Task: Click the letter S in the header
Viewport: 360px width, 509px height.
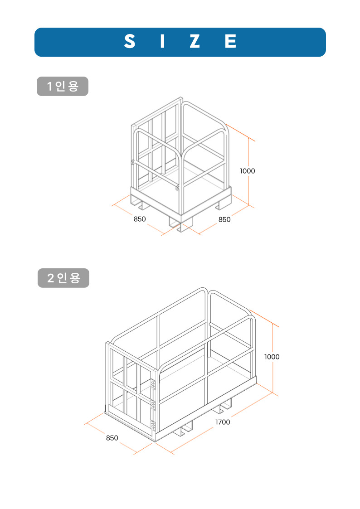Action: (130, 42)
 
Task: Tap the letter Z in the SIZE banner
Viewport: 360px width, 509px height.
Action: (195, 42)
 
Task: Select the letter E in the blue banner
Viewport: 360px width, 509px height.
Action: (230, 42)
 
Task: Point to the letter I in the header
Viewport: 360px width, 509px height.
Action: (161, 42)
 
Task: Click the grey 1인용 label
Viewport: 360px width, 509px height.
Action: (62, 87)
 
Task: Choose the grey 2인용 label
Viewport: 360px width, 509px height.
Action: (63, 278)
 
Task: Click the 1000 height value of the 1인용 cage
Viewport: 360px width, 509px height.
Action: (248, 171)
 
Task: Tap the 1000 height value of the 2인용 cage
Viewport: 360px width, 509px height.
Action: (272, 357)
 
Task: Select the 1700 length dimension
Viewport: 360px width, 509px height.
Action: (223, 422)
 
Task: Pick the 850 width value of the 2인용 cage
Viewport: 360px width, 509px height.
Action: (112, 438)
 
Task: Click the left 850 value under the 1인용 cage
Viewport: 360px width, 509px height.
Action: (140, 219)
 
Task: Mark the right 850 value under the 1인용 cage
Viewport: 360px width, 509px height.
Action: (224, 219)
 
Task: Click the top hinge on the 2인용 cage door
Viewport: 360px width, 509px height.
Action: (153, 384)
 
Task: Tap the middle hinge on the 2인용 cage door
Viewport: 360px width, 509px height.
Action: (153, 404)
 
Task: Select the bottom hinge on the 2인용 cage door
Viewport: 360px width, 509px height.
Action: (153, 425)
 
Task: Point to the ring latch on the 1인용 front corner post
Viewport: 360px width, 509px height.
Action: (178, 187)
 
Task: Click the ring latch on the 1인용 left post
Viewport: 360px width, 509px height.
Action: (132, 162)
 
